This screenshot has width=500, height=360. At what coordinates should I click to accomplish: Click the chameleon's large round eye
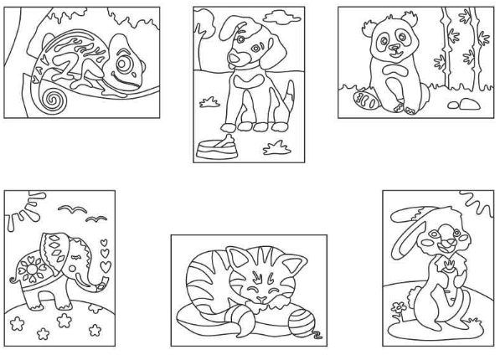click(125, 63)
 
